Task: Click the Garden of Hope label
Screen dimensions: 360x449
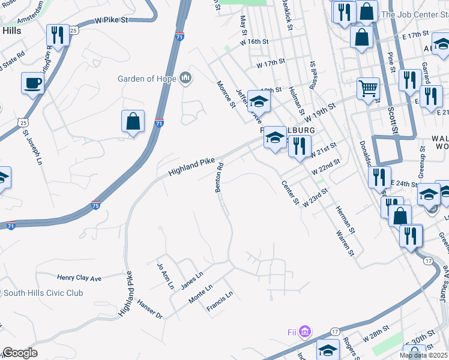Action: click(x=146, y=79)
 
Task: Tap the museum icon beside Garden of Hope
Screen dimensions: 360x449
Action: click(x=185, y=78)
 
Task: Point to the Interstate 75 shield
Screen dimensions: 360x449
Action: click(x=96, y=205)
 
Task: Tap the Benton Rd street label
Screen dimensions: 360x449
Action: click(x=219, y=178)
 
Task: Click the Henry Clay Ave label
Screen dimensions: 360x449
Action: click(x=79, y=278)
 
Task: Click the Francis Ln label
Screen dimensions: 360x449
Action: click(x=219, y=302)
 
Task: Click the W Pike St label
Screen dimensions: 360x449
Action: click(x=112, y=20)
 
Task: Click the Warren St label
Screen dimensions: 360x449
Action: click(x=343, y=242)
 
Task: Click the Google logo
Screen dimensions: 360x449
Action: click(x=20, y=353)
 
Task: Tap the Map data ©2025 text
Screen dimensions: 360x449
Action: click(x=423, y=355)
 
